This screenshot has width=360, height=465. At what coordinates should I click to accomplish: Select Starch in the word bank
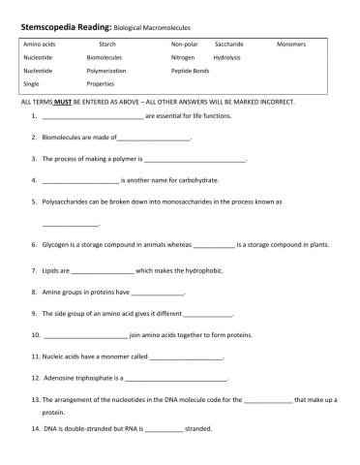pos(107,45)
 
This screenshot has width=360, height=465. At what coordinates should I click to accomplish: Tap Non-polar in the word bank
pos(184,45)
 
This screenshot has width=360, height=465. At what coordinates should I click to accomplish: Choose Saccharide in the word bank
pos(228,45)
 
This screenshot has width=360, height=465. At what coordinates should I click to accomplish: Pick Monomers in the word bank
pos(290,45)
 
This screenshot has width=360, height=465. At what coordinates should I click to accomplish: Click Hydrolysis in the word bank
pos(226,58)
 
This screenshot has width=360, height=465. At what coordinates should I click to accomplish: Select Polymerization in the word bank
pos(112,71)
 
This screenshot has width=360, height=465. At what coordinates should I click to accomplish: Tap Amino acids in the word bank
pos(40,45)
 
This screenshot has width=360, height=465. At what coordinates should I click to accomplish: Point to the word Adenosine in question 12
pos(65,378)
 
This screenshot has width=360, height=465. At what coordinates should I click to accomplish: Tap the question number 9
pos(34,314)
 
